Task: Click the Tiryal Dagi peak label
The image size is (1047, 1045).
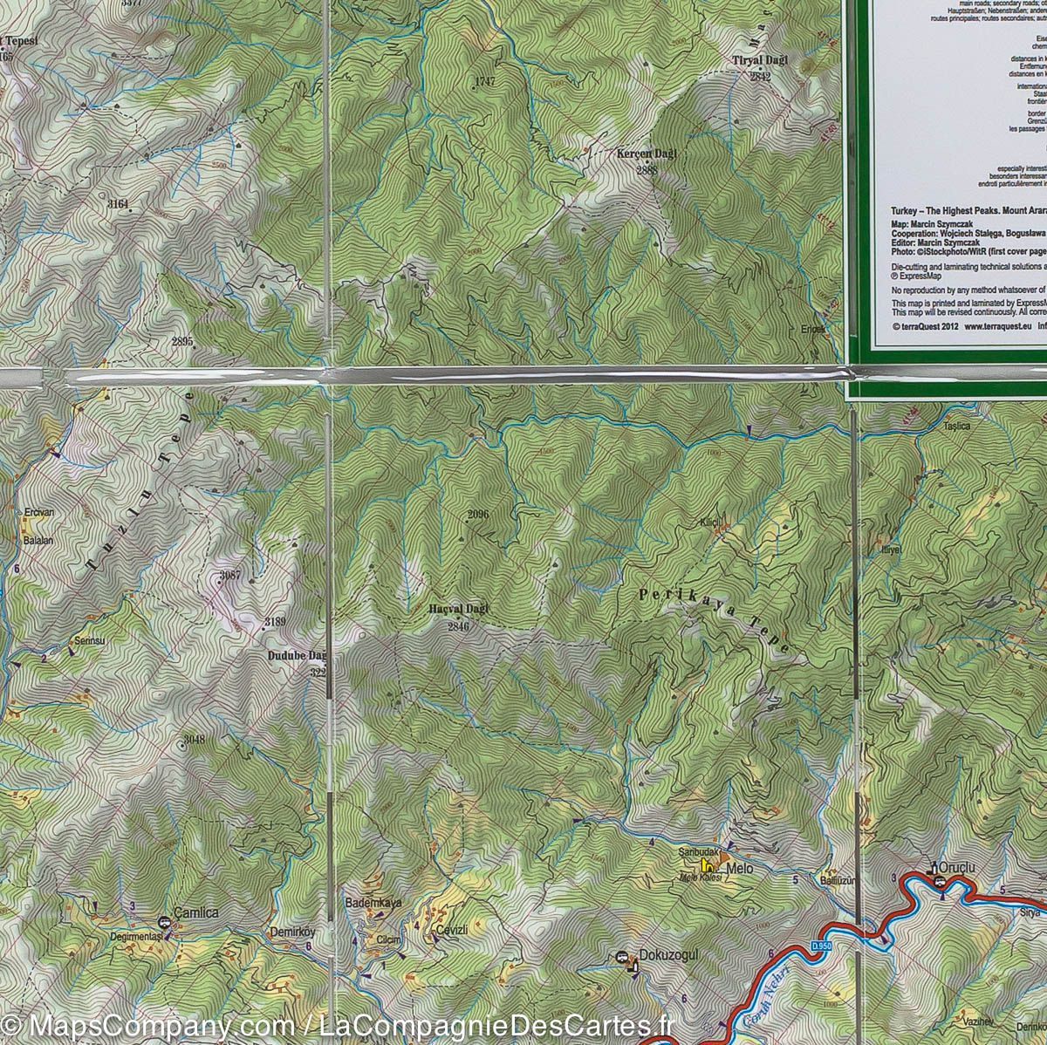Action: [759, 60]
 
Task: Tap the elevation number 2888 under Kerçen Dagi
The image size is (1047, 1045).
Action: [647, 170]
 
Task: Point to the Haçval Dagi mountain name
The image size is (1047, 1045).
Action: [459, 609]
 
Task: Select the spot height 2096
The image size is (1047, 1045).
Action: [477, 514]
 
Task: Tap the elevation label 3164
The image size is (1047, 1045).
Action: [118, 204]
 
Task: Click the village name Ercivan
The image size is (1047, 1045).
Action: [39, 513]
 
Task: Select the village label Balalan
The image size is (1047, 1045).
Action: [38, 541]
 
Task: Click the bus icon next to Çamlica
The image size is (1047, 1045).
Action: [163, 922]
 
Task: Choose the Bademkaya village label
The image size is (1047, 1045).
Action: [373, 903]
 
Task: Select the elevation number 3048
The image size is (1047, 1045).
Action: [194, 741]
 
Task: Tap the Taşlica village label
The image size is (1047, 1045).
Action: [956, 427]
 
